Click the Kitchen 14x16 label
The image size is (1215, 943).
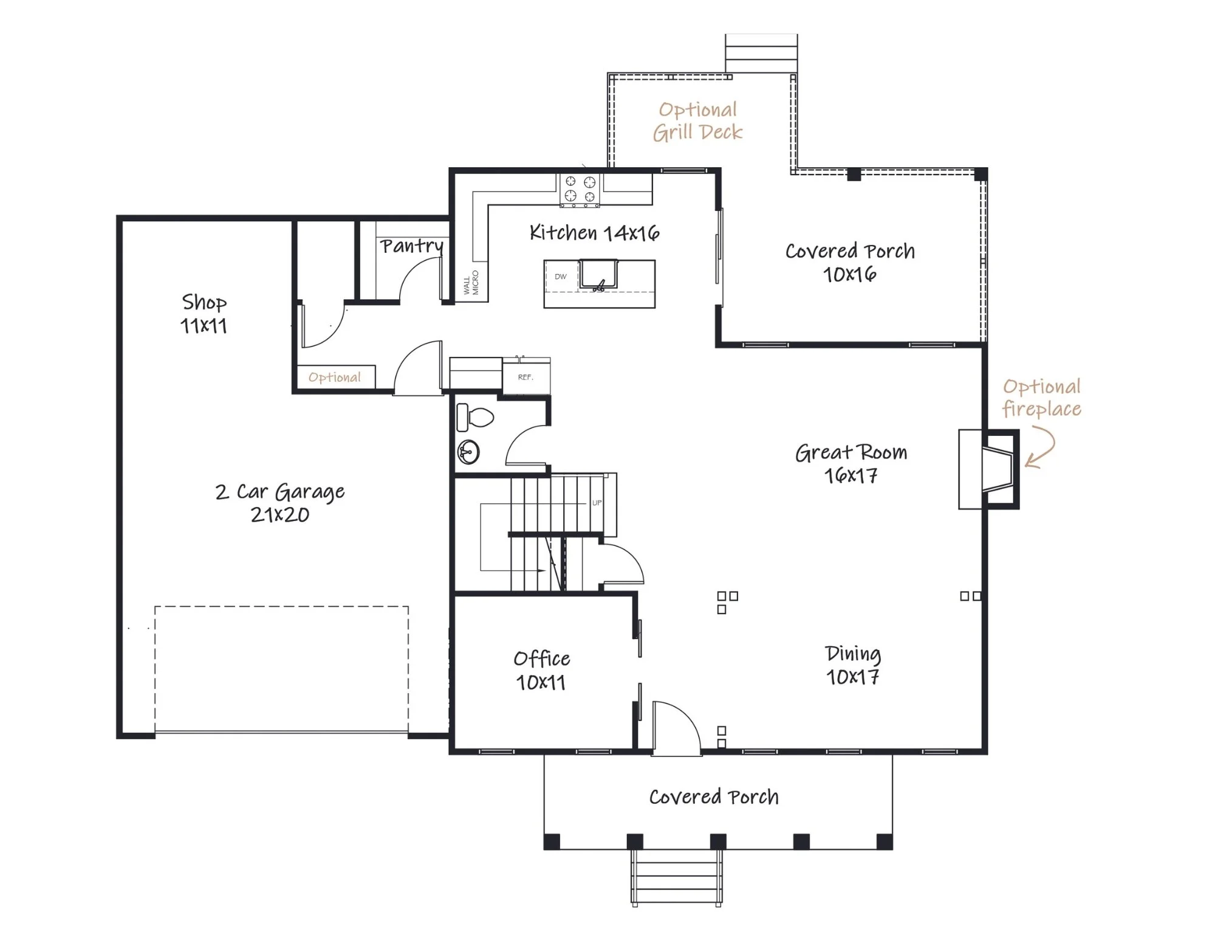pos(594,232)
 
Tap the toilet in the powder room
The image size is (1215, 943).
pos(474,417)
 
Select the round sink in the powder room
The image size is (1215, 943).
pos(468,452)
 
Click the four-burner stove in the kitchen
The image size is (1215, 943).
pos(580,189)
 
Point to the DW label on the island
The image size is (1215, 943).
pos(560,277)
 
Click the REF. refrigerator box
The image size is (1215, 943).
pos(526,377)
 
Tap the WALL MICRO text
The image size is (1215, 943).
pos(471,283)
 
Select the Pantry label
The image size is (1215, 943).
pos(412,246)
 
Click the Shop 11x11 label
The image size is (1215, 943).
pos(204,314)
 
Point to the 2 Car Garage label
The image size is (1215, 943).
pos(280,491)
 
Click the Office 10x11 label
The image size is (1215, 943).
pos(541,670)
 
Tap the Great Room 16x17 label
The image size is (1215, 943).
pos(851,463)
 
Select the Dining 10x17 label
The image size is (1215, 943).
pos(853,665)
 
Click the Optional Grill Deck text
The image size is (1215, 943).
pos(698,121)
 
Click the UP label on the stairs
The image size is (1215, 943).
pos(597,503)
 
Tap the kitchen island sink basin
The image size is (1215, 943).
pos(598,274)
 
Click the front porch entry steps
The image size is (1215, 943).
pos(677,877)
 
